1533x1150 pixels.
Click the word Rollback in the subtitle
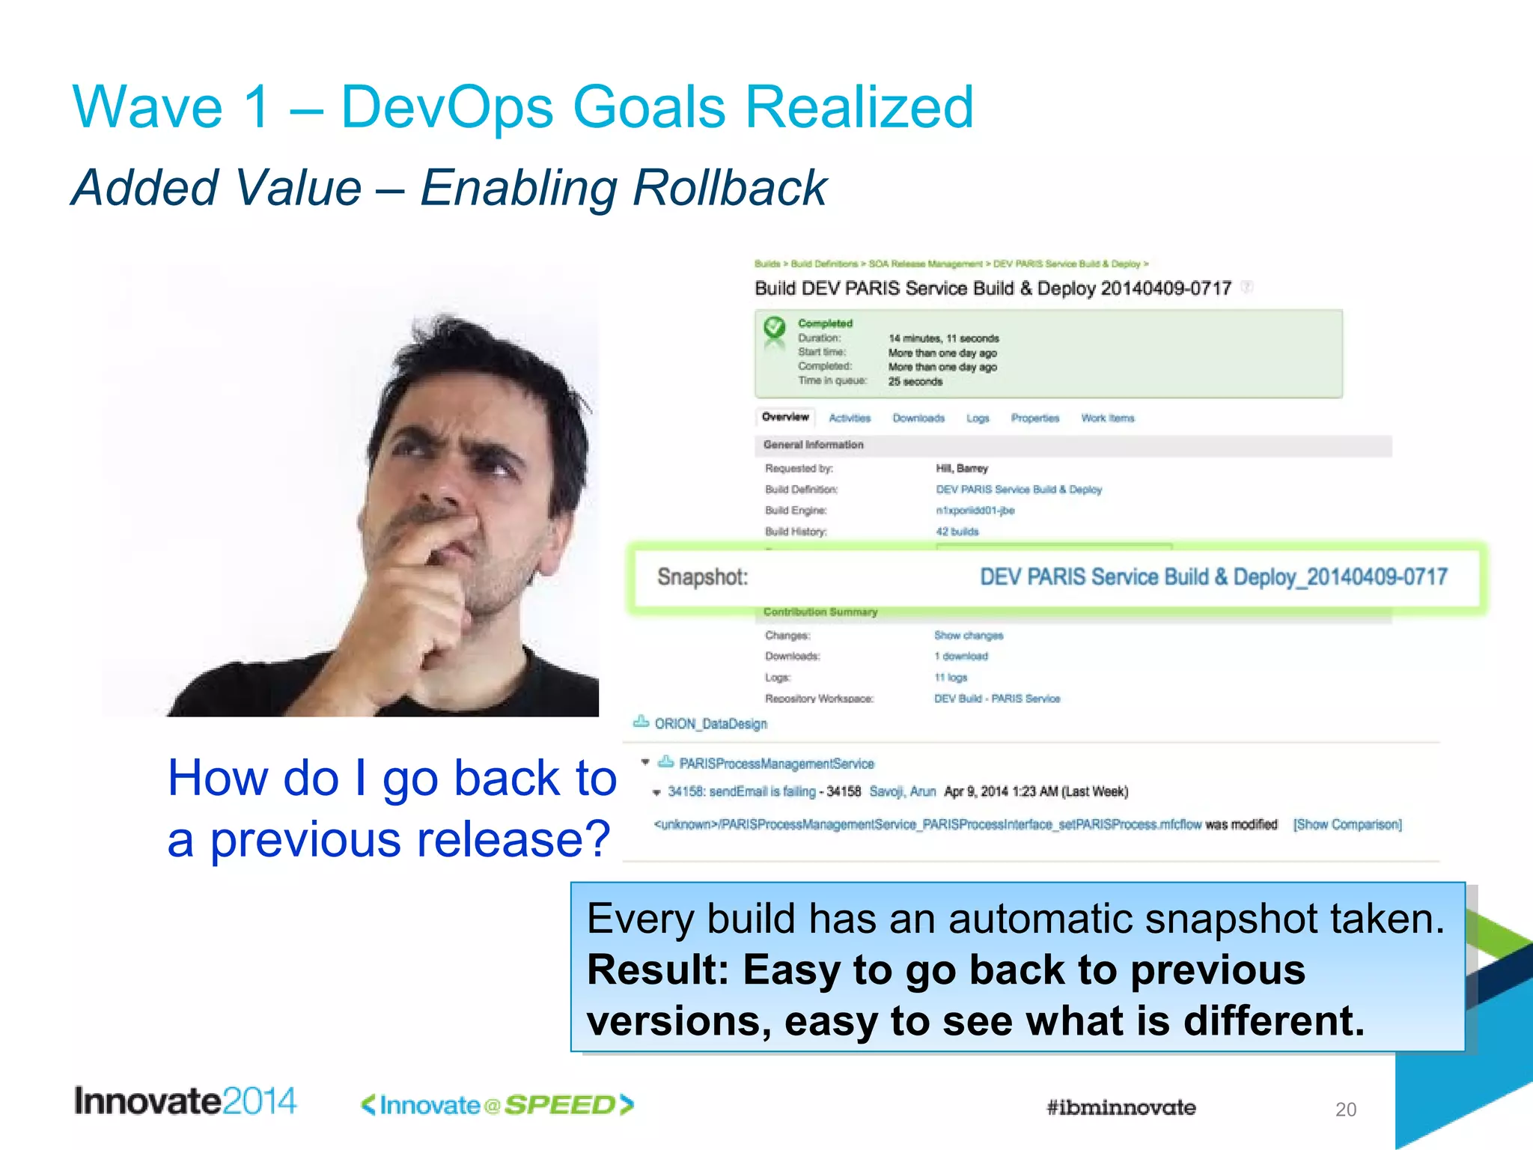[729, 187]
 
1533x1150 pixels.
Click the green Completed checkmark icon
[774, 327]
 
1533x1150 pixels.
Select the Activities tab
[850, 419]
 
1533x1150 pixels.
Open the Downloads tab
[918, 419]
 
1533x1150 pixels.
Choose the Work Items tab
[1107, 419]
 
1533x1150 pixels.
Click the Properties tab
[1034, 419]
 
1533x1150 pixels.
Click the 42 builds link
[957, 532]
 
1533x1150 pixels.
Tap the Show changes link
[968, 636]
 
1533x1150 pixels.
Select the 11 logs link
[951, 678]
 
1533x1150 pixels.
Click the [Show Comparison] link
[1347, 824]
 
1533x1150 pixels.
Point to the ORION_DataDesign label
[710, 724]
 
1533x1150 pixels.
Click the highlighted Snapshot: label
[702, 577]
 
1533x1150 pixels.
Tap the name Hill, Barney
[962, 469]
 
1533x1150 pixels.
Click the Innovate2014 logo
[185, 1101]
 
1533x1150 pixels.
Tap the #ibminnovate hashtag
[1121, 1107]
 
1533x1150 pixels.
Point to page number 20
[1345, 1110]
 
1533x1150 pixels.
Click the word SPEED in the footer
[560, 1105]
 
